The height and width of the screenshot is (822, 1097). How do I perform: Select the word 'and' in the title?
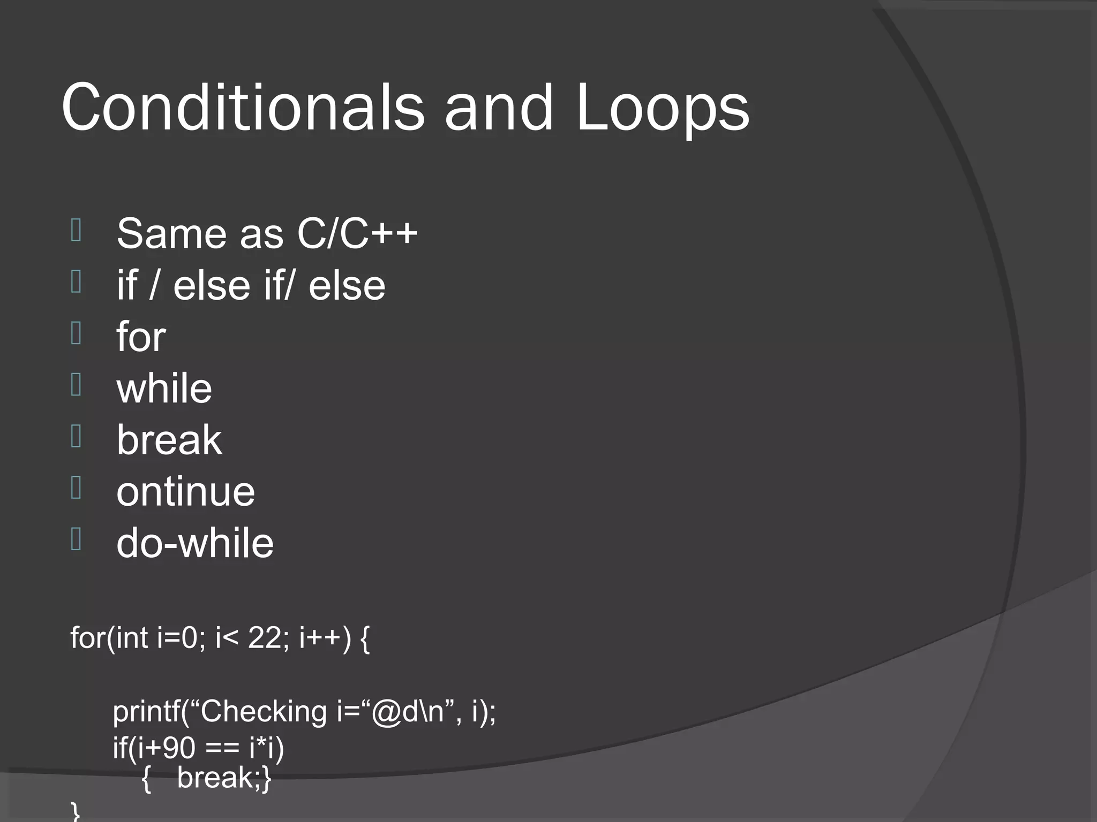499,107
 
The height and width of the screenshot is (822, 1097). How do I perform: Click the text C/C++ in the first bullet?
357,233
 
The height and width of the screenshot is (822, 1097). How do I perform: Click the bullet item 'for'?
141,337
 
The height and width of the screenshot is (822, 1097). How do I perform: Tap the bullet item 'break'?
169,439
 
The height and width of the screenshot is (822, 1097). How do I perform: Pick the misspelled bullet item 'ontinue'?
185,491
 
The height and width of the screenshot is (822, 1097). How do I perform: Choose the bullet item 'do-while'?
195,543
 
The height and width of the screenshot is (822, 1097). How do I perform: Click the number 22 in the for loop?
265,637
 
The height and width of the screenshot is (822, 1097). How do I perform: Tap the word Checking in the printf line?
264,712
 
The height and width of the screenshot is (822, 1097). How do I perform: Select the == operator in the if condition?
222,748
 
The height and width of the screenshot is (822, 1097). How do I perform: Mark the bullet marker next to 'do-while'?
76,539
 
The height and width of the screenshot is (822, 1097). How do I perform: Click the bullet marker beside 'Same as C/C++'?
76,230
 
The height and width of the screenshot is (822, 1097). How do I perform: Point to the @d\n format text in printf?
407,712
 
